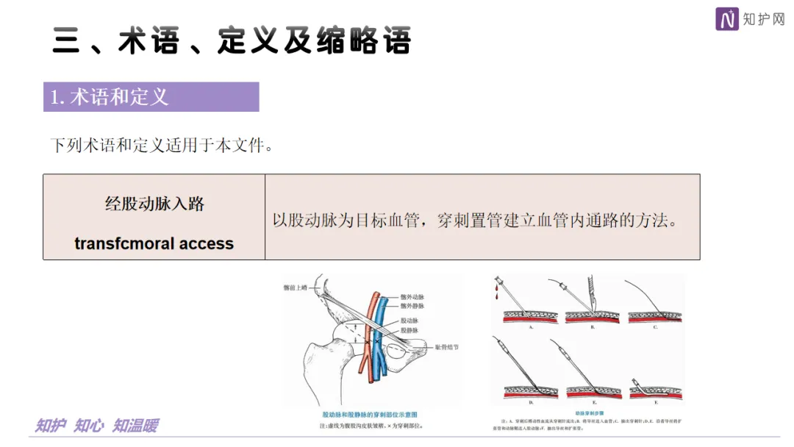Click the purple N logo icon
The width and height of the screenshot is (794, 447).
(x=727, y=19)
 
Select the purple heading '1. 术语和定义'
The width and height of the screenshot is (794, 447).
(x=110, y=97)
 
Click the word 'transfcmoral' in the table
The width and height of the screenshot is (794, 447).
(x=125, y=243)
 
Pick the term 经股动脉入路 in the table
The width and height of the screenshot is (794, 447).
(x=154, y=204)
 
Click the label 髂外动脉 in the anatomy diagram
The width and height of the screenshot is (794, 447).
(x=413, y=296)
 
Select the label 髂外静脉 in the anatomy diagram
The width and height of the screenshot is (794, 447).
(x=413, y=306)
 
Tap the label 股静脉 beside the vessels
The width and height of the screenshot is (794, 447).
(x=411, y=331)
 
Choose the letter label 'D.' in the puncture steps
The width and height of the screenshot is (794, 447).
(x=531, y=402)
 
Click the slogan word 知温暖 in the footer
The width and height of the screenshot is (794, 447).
(x=135, y=426)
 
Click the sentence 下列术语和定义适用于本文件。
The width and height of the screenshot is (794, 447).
(x=162, y=146)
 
